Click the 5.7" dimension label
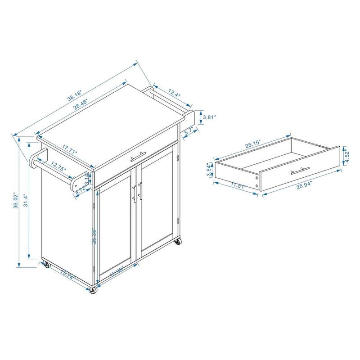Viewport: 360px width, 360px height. click(188, 131)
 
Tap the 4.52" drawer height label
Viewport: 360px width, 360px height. click(347, 155)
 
